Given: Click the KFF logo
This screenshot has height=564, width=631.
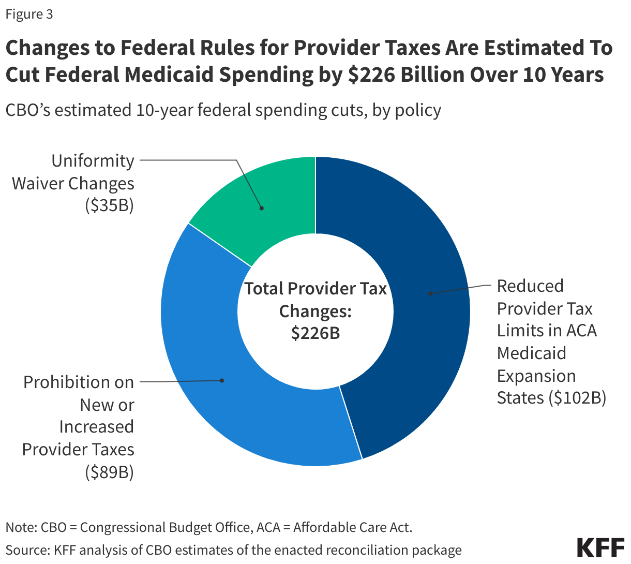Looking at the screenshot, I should pos(600,547).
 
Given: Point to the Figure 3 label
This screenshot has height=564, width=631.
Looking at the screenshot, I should pos(29,14).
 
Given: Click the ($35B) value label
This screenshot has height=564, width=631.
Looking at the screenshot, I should pos(110,205).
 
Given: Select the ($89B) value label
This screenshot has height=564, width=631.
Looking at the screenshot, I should pos(110,472).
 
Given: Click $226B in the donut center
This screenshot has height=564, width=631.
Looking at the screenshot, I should pos(315,333).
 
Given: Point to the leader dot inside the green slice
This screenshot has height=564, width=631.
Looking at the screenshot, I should pos(262,208).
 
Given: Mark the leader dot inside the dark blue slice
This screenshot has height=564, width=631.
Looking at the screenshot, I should pos(430,293).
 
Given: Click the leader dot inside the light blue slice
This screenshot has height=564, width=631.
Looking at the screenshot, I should pos(222,380).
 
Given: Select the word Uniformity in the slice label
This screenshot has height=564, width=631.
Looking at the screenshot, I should pos(93,161).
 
